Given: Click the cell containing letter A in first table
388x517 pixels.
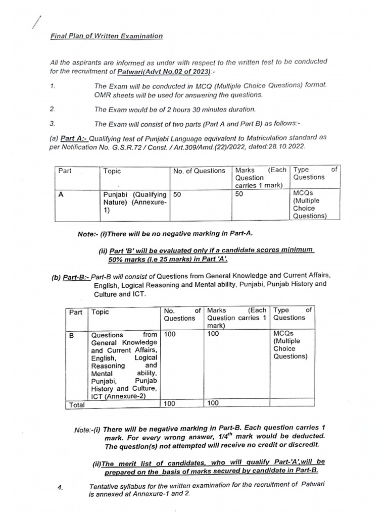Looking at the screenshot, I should (x=61, y=193).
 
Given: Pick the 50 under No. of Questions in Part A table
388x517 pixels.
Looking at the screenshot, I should (x=177, y=193).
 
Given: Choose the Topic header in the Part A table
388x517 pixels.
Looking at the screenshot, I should (x=112, y=171).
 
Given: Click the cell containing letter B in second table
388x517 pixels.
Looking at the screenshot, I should (x=71, y=334).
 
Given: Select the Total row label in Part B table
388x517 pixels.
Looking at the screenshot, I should (x=76, y=404).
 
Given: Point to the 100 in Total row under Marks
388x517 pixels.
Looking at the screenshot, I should (x=213, y=403).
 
